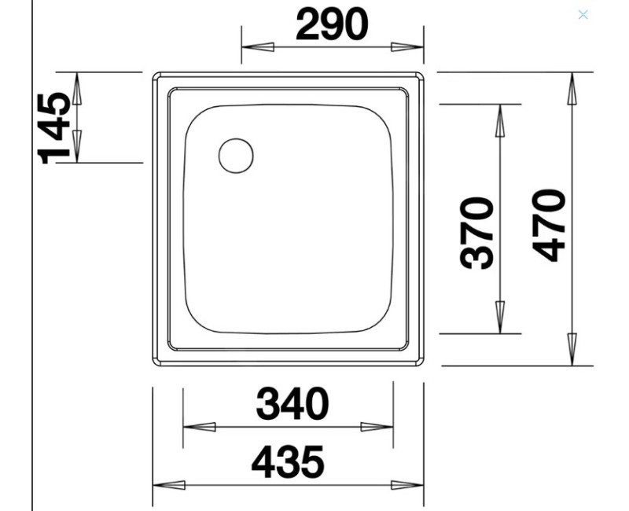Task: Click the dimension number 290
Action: point(331,24)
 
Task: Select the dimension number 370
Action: point(478,233)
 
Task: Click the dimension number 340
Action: point(292,405)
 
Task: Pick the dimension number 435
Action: point(288,462)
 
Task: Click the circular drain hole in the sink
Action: point(236,155)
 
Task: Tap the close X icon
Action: point(583,14)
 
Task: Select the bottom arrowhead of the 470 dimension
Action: point(572,349)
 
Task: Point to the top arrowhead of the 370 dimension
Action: point(500,120)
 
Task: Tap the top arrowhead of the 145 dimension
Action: point(77,88)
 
